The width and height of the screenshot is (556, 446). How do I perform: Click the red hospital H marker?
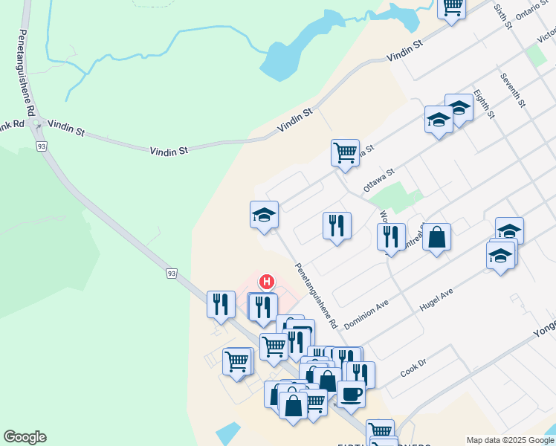(x=266, y=282)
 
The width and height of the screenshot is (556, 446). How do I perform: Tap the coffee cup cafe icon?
(x=351, y=394)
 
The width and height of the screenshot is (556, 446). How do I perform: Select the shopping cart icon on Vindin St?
(x=345, y=152)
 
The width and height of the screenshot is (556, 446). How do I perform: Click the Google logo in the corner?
(x=25, y=437)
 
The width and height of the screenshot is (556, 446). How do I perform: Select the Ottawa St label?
(x=378, y=181)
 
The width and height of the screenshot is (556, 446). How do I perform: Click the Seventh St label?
(x=513, y=90)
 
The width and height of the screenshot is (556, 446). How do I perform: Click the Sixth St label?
(x=503, y=16)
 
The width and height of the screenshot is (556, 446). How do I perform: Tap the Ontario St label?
(x=533, y=10)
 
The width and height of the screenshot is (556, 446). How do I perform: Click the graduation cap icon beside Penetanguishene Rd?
(x=264, y=215)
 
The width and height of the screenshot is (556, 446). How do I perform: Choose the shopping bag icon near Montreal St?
(x=437, y=237)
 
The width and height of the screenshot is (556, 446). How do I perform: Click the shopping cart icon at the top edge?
(x=453, y=7)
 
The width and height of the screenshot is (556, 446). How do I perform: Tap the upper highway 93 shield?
(x=42, y=146)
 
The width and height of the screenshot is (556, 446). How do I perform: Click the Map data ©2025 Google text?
(x=509, y=440)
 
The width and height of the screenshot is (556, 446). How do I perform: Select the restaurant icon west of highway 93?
(x=221, y=304)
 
